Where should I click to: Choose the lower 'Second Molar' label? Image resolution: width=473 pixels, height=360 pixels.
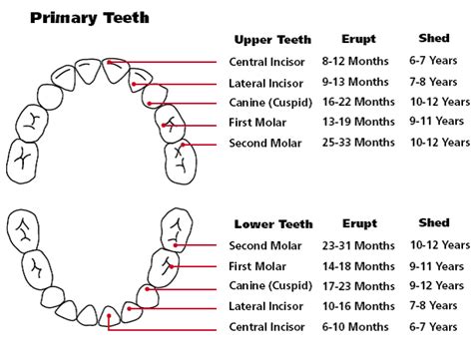point(264,244)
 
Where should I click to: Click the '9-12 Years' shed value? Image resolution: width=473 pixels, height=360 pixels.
point(440,286)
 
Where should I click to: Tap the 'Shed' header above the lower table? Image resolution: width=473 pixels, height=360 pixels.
point(435,222)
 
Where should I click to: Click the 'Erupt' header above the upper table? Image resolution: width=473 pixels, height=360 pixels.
point(358,40)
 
